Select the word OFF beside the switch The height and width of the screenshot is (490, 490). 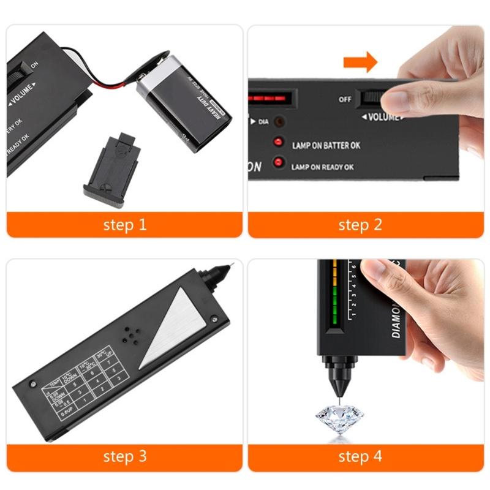(345, 99)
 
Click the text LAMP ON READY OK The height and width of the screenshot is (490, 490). (322, 167)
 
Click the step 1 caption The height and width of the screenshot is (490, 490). (125, 225)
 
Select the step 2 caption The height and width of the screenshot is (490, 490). (360, 225)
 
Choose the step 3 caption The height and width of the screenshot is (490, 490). (125, 456)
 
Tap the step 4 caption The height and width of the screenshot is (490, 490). (360, 456)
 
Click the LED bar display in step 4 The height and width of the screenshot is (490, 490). (334, 291)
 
